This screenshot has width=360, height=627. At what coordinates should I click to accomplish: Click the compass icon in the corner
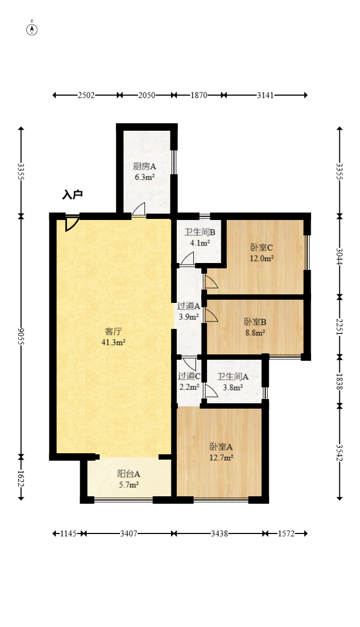32,29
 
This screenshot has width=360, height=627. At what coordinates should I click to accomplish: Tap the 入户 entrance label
72,194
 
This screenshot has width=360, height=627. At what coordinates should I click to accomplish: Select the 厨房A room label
144,166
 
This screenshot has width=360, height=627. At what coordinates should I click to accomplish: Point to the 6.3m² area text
144,177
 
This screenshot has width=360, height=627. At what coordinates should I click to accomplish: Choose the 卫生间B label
200,232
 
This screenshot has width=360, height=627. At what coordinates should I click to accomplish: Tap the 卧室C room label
262,248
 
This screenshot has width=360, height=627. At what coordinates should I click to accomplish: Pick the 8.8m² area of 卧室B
256,332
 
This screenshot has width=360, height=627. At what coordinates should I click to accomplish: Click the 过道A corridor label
188,306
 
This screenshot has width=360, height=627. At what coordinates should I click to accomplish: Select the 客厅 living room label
113,332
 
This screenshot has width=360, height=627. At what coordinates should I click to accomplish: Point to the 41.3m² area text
114,342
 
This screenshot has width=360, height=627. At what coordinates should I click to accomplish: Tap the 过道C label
189,376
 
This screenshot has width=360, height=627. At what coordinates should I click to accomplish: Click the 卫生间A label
233,377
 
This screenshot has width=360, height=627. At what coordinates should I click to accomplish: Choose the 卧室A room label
221,447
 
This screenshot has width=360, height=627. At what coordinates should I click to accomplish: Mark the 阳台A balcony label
128,475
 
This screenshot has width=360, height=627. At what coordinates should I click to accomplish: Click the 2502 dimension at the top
86,95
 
